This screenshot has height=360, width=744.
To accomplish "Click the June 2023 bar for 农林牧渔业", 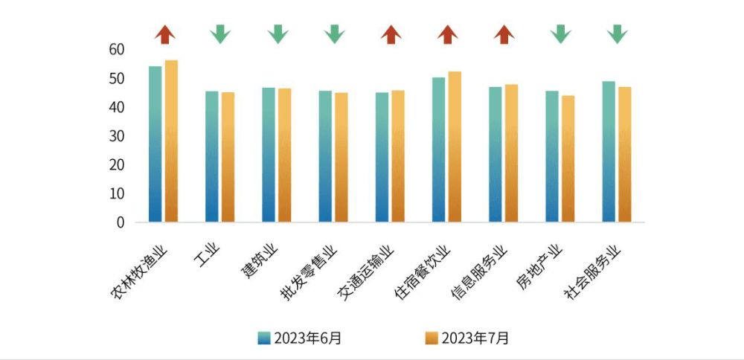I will (x=155, y=144).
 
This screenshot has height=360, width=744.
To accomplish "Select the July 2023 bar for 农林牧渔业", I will (x=171, y=141).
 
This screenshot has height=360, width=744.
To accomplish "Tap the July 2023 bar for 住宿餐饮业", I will (x=455, y=147).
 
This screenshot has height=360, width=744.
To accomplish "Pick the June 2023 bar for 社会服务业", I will (x=609, y=151).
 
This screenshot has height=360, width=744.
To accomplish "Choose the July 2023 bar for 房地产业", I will (x=568, y=158).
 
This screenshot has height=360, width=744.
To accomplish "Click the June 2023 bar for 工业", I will (x=211, y=156).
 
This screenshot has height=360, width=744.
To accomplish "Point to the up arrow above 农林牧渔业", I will (x=165, y=33).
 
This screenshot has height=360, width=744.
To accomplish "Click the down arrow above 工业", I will (x=220, y=33).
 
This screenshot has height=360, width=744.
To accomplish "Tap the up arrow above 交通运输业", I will (x=391, y=33).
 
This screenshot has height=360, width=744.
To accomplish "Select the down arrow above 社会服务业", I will (x=617, y=33).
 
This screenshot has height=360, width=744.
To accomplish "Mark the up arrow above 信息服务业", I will (x=504, y=33).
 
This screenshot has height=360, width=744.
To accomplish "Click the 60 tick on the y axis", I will (x=116, y=50).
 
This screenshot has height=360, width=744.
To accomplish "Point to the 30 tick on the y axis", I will (x=116, y=136).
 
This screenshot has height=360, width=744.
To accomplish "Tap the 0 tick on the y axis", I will (x=120, y=222).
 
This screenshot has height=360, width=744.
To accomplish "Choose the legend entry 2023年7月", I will (x=467, y=338).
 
